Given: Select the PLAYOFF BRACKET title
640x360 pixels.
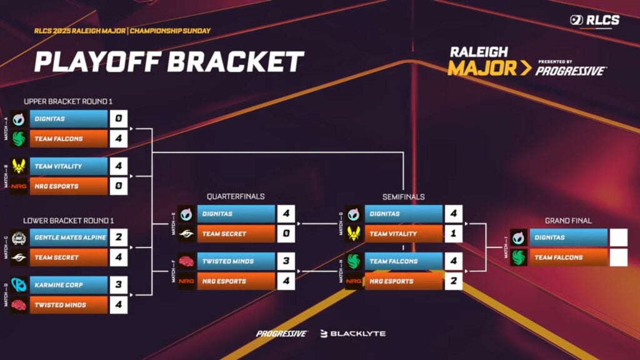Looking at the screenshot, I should [169, 62].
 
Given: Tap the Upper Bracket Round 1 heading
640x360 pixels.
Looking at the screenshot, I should [68, 101].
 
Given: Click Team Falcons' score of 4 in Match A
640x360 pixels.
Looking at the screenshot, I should [118, 139].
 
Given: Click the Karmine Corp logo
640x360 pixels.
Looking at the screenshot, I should [19, 285].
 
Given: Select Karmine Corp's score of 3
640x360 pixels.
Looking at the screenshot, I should [118, 285].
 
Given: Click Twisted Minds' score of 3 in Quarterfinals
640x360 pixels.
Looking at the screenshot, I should [285, 261].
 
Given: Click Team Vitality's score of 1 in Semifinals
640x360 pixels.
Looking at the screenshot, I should [453, 234].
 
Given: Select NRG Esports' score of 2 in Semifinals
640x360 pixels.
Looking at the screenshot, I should [453, 281].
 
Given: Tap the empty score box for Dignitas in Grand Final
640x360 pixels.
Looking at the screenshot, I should [618, 237].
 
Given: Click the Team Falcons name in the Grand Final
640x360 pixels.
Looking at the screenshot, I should [558, 257].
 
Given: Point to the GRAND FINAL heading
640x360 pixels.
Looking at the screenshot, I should [568, 221].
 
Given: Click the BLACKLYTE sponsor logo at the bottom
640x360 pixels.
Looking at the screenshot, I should [353, 334].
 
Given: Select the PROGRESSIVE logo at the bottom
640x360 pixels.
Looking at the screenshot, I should [282, 334].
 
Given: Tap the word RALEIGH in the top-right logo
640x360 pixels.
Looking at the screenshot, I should [479, 52].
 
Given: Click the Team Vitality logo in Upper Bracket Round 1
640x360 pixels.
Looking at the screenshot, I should [19, 166].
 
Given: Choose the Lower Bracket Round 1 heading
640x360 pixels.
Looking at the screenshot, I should [69, 221].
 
